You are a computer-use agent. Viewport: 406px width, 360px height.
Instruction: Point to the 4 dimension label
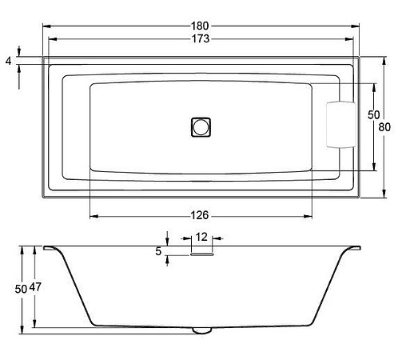(8, 61)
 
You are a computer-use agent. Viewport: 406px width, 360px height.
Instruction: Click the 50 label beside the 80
(373, 115)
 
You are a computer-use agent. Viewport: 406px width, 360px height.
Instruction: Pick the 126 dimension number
(201, 214)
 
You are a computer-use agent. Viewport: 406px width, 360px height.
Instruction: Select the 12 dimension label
(201, 237)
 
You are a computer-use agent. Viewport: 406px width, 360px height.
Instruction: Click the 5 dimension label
(159, 251)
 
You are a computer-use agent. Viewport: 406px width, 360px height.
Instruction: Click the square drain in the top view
(201, 126)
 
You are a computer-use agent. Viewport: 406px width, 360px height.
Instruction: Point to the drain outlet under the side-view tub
(201, 328)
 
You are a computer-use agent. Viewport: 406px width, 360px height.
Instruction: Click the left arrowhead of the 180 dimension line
(45, 26)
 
